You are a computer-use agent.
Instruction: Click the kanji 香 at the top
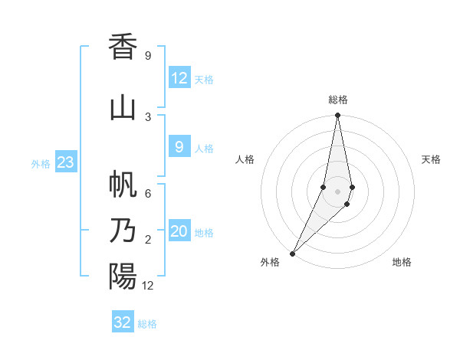pyautogui.click(x=123, y=47)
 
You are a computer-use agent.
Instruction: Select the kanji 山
pyautogui.click(x=123, y=107)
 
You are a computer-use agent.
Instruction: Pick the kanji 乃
pyautogui.click(x=123, y=230)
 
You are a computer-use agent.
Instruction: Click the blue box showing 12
pyautogui.click(x=179, y=78)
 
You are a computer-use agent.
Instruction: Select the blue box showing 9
pyautogui.click(x=179, y=148)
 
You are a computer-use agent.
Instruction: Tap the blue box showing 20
pyautogui.click(x=179, y=232)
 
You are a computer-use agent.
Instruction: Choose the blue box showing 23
pyautogui.click(x=65, y=162)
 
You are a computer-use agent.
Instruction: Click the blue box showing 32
pyautogui.click(x=123, y=322)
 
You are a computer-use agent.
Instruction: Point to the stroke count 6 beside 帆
pyautogui.click(x=148, y=194)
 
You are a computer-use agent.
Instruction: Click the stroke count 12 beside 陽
pyautogui.click(x=148, y=286)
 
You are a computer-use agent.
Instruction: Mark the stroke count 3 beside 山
pyautogui.click(x=148, y=116)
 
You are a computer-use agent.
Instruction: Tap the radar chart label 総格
pyautogui.click(x=338, y=100)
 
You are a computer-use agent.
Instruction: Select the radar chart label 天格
pyautogui.click(x=432, y=159)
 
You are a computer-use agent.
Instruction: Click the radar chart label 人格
pyautogui.click(x=245, y=159)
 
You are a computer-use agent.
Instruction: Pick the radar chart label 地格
pyautogui.click(x=402, y=263)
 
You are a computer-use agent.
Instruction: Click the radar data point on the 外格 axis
pyautogui.click(x=293, y=253)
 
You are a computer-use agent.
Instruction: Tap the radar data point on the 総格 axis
pyautogui.click(x=337, y=116)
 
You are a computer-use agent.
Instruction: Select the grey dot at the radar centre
pyautogui.click(x=337, y=191)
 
